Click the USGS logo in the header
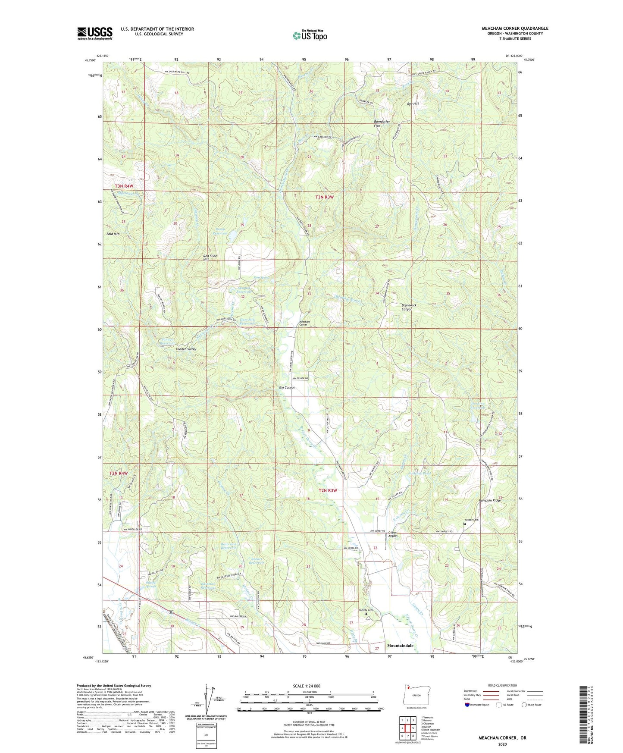pos(95,33)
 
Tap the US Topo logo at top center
pos(310,36)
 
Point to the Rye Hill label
pos(413,104)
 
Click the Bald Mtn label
pos(113,234)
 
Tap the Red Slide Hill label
pos(210,257)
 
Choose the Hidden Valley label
pos(186,349)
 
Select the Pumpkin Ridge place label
pos(491,500)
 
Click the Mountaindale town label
pos(400,646)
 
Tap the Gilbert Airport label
pos(392,534)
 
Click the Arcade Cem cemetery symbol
pos(464,524)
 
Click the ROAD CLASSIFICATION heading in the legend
pos(502,685)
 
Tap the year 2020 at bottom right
pos(502,744)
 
